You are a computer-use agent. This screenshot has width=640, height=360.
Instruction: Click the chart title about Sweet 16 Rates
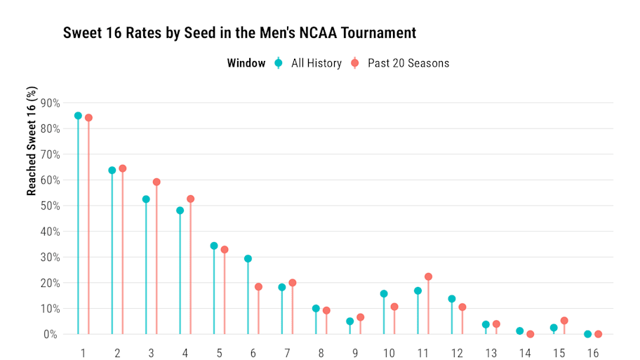[x=239, y=33]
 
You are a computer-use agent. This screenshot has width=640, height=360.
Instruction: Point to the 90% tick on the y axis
[x=50, y=103]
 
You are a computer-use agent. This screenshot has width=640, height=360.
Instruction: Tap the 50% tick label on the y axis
[x=50, y=206]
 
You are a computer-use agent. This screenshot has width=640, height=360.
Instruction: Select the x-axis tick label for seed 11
[x=423, y=352]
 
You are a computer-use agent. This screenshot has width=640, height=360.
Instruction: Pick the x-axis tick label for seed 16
[x=593, y=352]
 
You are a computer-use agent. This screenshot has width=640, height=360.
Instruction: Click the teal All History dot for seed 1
[x=78, y=116]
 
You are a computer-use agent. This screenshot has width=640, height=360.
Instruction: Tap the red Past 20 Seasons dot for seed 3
[x=156, y=182]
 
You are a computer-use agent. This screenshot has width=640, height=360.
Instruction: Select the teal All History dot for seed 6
[x=248, y=259]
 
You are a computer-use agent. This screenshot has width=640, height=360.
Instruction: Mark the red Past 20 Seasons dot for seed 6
[x=258, y=287]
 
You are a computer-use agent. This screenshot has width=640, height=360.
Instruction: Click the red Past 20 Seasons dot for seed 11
[x=428, y=276]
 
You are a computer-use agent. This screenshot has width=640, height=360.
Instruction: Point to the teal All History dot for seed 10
[x=384, y=294]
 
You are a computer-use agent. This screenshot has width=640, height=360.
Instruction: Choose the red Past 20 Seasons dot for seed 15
[x=564, y=321]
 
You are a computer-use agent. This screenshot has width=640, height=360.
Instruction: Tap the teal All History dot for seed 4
[x=180, y=211]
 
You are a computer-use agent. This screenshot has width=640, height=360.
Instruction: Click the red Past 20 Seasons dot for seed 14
[x=530, y=334]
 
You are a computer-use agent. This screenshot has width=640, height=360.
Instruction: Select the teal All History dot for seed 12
[x=452, y=299]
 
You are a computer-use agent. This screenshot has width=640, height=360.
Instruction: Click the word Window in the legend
[x=246, y=63]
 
